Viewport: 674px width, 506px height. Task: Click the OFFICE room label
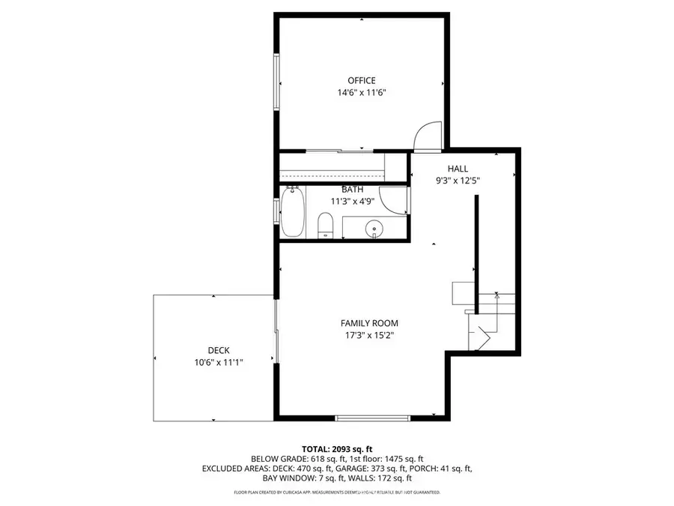click(361, 80)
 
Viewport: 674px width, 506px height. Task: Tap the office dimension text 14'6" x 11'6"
click(361, 93)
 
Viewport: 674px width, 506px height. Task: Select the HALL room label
click(458, 169)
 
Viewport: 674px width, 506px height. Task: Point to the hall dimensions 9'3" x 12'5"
click(458, 181)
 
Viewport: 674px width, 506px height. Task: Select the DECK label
click(219, 350)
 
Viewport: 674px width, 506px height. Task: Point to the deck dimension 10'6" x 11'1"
click(219, 362)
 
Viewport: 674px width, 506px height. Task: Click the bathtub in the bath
click(293, 212)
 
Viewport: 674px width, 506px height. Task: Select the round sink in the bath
click(374, 229)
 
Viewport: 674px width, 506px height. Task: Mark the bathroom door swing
click(392, 199)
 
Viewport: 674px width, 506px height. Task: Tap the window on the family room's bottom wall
click(371, 417)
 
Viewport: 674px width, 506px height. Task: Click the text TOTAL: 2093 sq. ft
click(336, 446)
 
